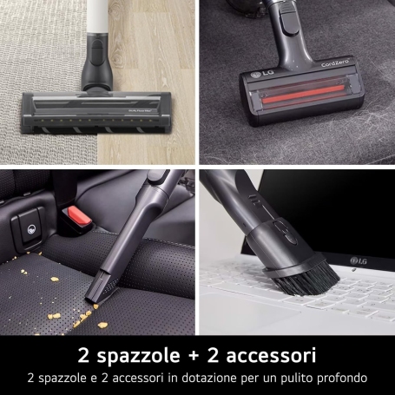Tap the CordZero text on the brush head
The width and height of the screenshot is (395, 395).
335,63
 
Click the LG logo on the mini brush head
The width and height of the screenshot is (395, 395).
262,74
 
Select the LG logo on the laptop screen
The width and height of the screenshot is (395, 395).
359,260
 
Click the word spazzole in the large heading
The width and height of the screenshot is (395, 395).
138,356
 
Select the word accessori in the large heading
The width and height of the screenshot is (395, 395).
271,355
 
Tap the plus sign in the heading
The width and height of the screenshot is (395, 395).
194,356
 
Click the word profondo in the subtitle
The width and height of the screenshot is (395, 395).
342,378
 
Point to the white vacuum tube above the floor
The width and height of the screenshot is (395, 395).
97,16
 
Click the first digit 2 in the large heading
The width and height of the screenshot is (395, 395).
83,355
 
